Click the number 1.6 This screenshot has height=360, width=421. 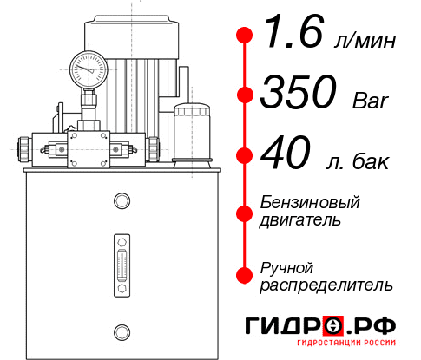(287, 37)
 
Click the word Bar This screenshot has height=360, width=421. (372, 102)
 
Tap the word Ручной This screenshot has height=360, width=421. (287, 266)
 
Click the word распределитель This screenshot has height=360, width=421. (326, 285)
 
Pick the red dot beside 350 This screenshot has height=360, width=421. (245, 95)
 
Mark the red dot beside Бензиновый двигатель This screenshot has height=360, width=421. (245, 212)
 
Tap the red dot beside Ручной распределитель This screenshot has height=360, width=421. (245, 275)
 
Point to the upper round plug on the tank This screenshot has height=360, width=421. (121, 201)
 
